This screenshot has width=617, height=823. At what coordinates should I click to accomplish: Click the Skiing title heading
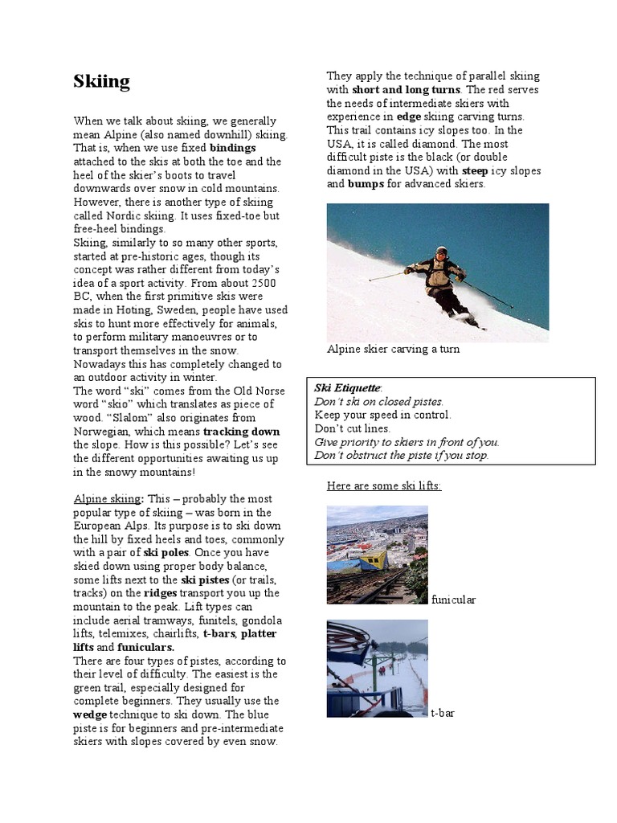click(x=101, y=81)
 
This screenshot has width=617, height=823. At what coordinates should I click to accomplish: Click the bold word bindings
click(x=233, y=148)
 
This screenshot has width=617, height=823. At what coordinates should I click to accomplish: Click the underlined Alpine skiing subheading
click(x=104, y=498)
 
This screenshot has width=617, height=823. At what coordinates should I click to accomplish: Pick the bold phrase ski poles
click(x=166, y=552)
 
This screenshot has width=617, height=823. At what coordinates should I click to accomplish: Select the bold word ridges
click(x=161, y=592)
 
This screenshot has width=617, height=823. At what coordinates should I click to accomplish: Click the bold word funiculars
click(x=146, y=646)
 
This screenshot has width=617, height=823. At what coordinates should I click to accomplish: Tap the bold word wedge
click(x=90, y=714)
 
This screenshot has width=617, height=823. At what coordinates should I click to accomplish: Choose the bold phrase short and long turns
click(x=406, y=89)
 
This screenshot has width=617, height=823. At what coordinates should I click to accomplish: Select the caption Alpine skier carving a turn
click(x=393, y=350)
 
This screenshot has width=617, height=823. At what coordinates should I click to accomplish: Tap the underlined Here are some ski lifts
click(x=383, y=486)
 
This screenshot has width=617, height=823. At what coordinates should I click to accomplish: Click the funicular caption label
click(x=454, y=600)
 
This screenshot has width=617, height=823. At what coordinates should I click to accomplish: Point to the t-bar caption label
click(x=443, y=712)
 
